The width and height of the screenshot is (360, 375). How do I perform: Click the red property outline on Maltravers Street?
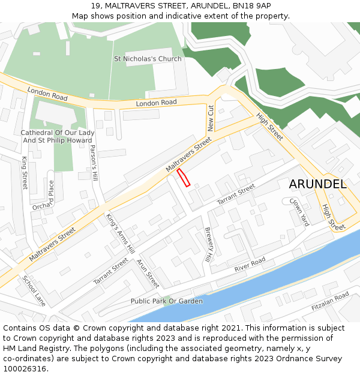pos(183,178)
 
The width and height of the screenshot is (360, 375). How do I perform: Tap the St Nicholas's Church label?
pos(148,59)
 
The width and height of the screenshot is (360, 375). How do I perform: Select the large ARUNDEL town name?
pos(317,184)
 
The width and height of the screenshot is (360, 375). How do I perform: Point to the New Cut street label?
pos(211,118)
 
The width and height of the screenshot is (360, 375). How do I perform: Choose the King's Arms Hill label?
pos(120,233)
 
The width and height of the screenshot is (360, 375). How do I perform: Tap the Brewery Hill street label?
pos(209,244)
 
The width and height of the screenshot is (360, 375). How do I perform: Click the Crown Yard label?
pos(299,212)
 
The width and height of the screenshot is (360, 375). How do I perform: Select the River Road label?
pos(250,263)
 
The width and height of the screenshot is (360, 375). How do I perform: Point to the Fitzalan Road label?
pos(330,301)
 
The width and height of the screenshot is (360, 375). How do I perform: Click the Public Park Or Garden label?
pos(166,301)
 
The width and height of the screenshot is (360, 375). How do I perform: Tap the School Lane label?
pos(34,290)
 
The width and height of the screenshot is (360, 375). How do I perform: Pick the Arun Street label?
pos(148,273)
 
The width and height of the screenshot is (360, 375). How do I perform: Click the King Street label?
pos(25,173)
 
